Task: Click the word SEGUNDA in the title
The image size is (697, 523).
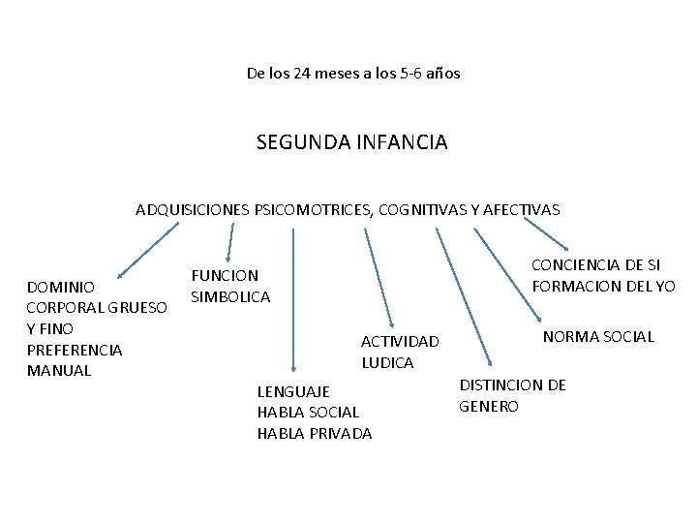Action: [293, 142]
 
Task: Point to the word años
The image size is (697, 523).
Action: [444, 73]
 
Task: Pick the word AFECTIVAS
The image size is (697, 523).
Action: [521, 209]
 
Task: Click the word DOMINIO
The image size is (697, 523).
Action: [61, 288]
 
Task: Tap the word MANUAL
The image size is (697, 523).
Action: [59, 370]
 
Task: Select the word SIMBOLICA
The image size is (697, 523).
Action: [230, 296]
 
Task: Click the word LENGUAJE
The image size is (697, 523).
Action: [293, 391]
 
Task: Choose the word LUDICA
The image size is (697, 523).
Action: [387, 362]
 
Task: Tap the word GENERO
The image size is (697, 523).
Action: [489, 406]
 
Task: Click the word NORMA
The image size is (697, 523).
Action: [571, 337]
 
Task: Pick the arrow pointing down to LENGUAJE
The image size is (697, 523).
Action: [294, 301]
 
